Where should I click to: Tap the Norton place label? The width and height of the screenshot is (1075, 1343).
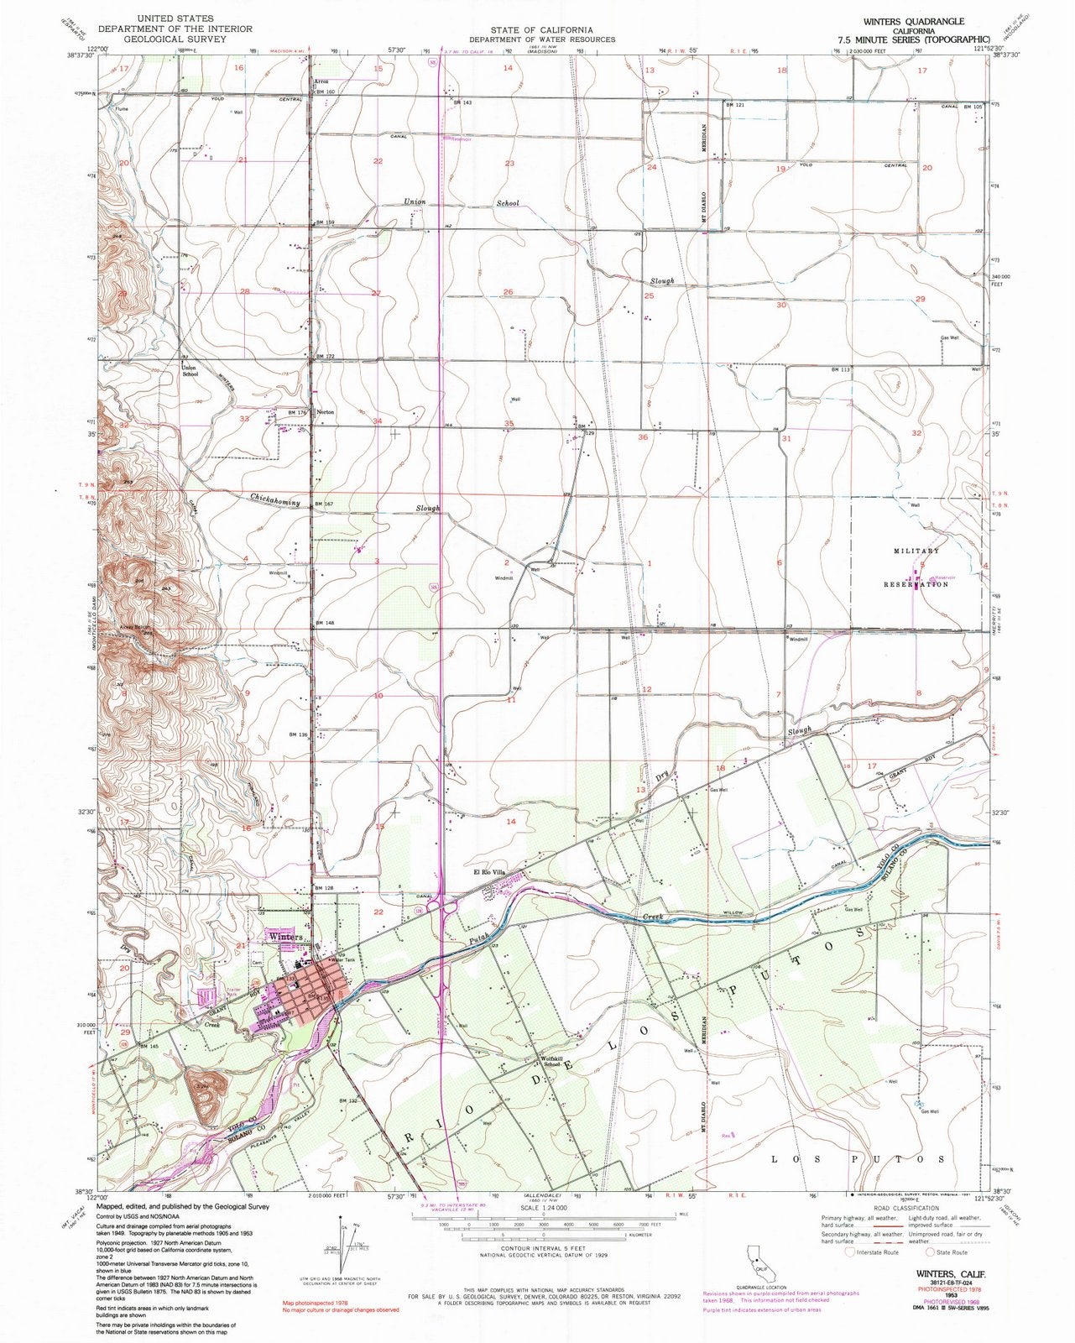tap(326, 412)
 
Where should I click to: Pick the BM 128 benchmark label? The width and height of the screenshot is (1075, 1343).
tap(324, 887)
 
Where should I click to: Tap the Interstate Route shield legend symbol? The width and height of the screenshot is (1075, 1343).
tap(851, 1252)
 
